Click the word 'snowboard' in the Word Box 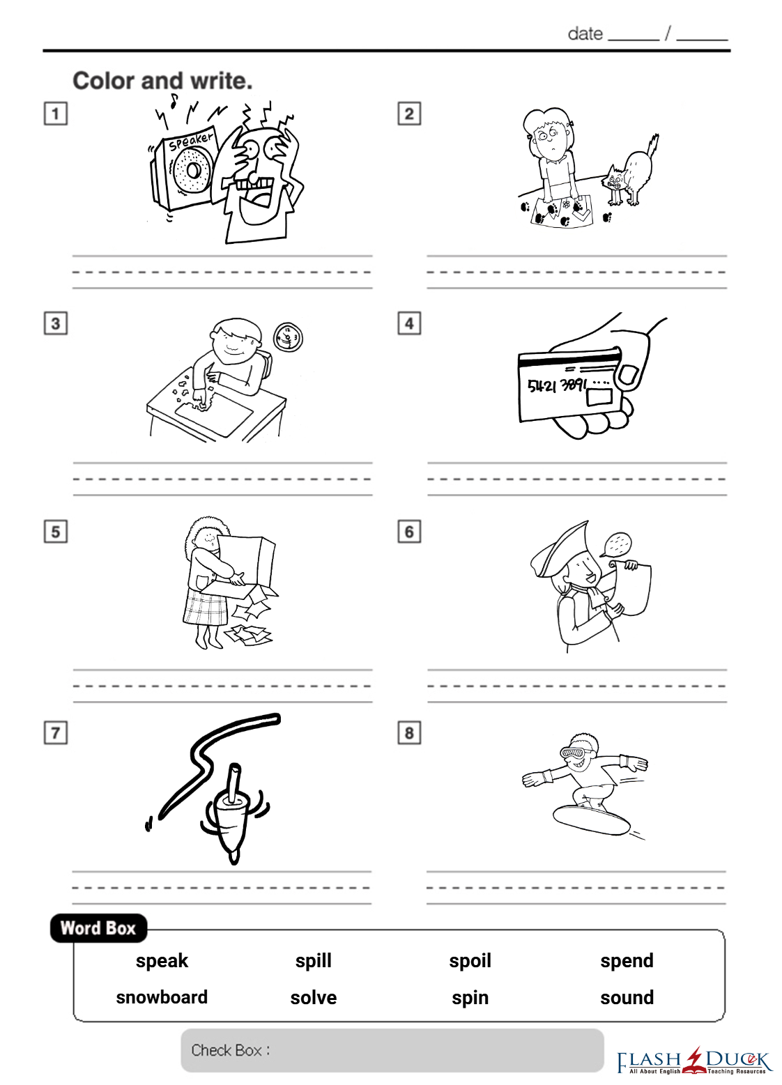coord(161,997)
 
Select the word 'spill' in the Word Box coord(314,961)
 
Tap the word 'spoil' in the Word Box coord(470,961)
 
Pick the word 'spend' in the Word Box coord(627,961)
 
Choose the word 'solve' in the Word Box coord(314,998)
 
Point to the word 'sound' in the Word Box coord(627,998)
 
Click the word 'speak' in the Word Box coord(162,961)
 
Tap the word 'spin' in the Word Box coord(470,999)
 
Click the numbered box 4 coord(409,323)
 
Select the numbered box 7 coord(55,733)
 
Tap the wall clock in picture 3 coord(289,337)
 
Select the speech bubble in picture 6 coord(617,545)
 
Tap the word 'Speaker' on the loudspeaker coord(191,141)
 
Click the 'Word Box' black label coord(98,928)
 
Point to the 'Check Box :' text coord(230,1050)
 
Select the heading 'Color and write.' coord(163,81)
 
